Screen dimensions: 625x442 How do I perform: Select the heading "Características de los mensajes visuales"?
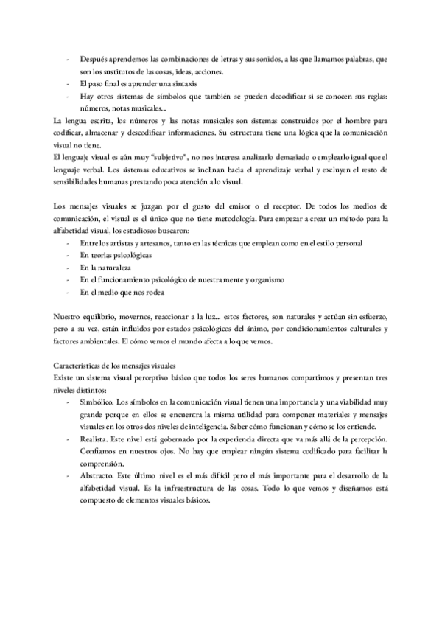(x=123, y=366)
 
